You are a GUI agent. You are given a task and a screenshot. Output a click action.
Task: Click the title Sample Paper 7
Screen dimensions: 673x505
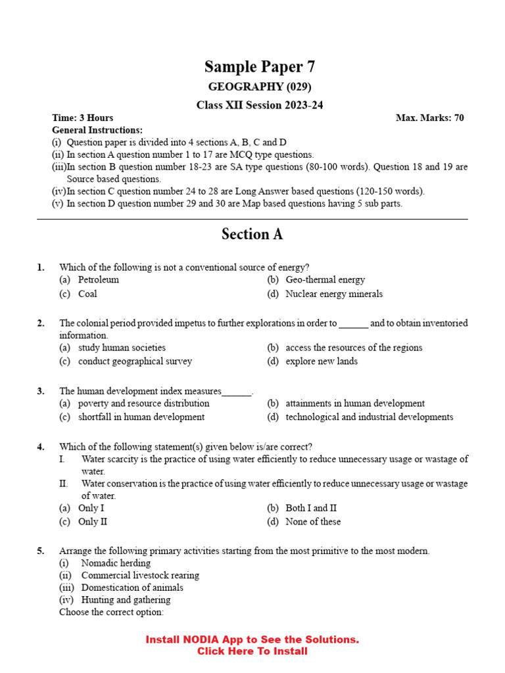tap(259, 66)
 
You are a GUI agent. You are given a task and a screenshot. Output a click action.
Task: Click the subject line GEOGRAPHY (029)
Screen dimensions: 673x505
tap(260, 87)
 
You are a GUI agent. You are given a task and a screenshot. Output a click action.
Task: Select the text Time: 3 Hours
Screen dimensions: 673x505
tap(82, 118)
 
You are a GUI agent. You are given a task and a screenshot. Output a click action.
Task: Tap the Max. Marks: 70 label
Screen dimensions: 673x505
tap(429, 118)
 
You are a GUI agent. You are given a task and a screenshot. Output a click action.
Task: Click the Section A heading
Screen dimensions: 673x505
tap(252, 235)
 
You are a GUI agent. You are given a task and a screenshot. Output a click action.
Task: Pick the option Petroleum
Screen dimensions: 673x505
tap(99, 280)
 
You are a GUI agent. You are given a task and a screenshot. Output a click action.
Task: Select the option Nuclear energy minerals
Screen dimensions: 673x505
tap(333, 294)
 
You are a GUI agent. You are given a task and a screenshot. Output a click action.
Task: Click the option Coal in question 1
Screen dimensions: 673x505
tap(87, 294)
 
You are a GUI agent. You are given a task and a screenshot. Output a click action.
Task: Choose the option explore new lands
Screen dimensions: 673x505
tap(322, 361)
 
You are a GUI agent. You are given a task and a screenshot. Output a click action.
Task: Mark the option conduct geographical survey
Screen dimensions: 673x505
tap(135, 361)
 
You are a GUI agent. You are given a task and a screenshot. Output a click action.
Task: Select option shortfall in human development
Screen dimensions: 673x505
tap(141, 417)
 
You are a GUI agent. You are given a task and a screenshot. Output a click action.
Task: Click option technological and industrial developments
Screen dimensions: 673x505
tap(369, 417)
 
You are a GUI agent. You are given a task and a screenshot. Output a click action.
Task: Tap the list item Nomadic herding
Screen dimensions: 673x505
tap(116, 563)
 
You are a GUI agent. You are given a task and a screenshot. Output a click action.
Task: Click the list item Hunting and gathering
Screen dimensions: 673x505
tap(126, 600)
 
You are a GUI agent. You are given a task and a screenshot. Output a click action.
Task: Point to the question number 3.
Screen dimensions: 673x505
tap(41, 391)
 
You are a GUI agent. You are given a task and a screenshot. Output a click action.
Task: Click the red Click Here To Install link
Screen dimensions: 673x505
tap(252, 651)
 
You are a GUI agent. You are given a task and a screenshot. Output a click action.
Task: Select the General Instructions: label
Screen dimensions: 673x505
tap(97, 130)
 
